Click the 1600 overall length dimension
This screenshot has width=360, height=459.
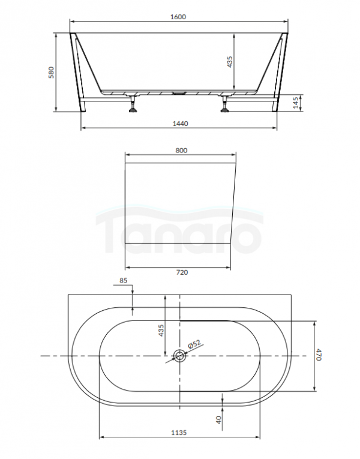[178, 17]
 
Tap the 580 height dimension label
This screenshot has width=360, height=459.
[51, 73]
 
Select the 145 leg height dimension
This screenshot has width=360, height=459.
[296, 103]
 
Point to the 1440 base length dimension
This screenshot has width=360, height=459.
[180, 124]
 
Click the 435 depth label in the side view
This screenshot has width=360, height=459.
[230, 62]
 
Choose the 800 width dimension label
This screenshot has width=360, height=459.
[181, 151]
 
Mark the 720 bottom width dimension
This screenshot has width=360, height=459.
[182, 272]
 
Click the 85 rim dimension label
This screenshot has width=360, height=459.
[124, 280]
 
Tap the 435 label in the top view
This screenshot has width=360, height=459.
[161, 331]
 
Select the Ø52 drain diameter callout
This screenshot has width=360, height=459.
[194, 344]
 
